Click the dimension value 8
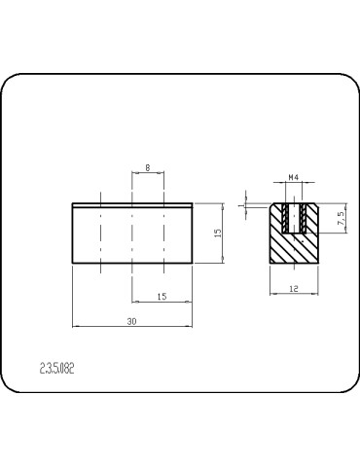pyautogui.click(x=148, y=167)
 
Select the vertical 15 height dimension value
pyautogui.click(x=218, y=233)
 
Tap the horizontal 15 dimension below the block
pyautogui.click(x=162, y=296)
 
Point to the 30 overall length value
pyautogui.click(x=131, y=321)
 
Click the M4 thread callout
pyautogui.click(x=294, y=177)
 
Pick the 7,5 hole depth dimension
pyautogui.click(x=342, y=218)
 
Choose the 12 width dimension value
pyautogui.click(x=294, y=289)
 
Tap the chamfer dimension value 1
pyautogui.click(x=240, y=205)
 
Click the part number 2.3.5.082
pyautogui.click(x=57, y=369)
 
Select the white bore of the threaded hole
pyautogui.click(x=294, y=218)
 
